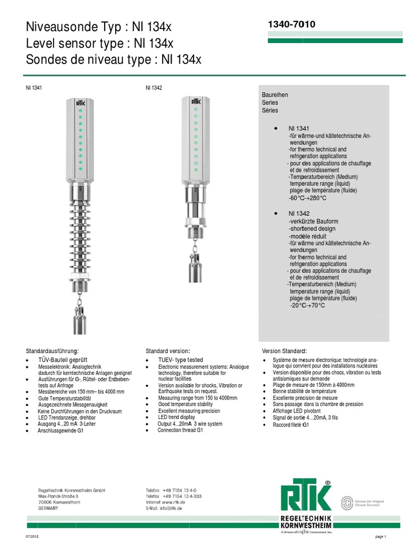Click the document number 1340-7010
291,25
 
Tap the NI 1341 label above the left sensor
34,87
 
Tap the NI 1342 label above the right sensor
153,87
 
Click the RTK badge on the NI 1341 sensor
80,102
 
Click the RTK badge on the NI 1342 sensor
196,101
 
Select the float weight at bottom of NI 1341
80,319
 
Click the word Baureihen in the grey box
275,95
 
